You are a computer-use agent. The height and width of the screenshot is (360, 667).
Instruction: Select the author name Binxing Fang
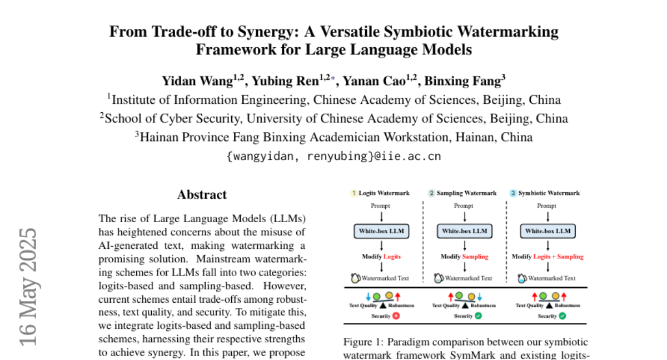tap(465, 81)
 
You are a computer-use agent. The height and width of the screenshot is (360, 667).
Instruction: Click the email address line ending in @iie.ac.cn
tap(333, 156)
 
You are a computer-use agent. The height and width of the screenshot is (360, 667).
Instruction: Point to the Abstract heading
tap(202, 194)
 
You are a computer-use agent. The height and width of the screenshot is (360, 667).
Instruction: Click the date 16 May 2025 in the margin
tap(28, 286)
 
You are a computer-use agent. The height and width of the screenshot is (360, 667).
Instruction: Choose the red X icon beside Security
tap(396, 316)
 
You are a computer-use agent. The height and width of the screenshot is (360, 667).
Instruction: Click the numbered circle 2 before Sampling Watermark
tap(431, 193)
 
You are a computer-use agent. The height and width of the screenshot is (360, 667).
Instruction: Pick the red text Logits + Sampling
tap(559, 257)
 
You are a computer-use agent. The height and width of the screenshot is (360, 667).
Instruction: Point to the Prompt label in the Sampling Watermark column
tap(464, 206)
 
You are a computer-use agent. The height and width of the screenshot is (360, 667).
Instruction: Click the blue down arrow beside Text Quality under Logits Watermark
tap(367, 297)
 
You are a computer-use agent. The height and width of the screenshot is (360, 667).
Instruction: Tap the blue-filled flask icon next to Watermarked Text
tap(522, 278)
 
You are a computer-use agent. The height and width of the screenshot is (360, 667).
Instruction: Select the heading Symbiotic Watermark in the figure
tap(549, 193)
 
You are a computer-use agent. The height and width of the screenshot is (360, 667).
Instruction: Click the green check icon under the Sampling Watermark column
tap(479, 316)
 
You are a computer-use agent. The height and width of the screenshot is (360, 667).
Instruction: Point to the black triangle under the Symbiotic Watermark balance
tap(548, 306)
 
